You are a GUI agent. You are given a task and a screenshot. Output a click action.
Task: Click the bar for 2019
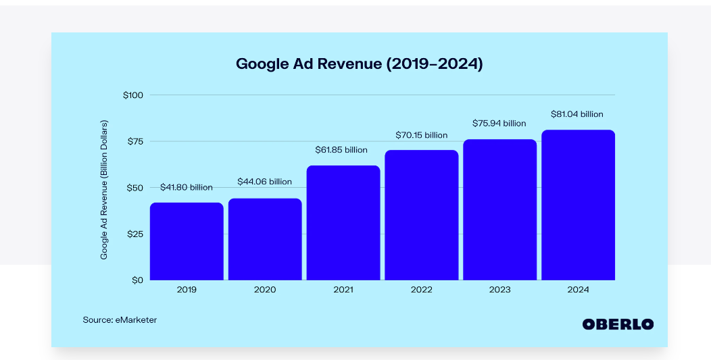tap(187, 241)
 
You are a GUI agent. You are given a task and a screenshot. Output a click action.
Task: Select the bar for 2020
tap(265, 239)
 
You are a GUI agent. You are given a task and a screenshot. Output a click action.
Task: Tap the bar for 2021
tap(343, 223)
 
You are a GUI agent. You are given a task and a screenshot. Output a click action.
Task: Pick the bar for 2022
tap(422, 215)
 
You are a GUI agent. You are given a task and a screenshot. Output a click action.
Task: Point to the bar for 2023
tap(500, 209)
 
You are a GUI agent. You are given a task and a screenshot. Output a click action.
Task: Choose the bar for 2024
tap(579, 205)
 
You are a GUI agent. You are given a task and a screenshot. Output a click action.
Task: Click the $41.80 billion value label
tap(187, 187)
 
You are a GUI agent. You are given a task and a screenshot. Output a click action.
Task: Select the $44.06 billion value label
tap(265, 182)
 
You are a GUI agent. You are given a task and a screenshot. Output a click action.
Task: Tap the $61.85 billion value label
tap(342, 149)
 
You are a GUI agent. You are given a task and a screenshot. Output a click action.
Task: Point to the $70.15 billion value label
tap(422, 135)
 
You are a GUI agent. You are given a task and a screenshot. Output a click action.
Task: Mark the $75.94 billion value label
tap(499, 124)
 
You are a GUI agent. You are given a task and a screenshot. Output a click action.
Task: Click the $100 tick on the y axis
tap(133, 95)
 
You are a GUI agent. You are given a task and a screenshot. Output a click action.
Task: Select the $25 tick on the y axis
tap(135, 234)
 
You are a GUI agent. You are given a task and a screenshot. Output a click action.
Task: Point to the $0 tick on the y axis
tap(138, 280)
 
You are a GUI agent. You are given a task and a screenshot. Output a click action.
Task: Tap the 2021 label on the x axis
tap(343, 290)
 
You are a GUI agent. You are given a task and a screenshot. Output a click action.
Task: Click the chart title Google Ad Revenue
tap(359, 64)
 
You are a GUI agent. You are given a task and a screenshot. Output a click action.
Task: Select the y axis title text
tap(104, 190)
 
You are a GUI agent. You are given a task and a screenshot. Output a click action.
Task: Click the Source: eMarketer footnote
tap(120, 319)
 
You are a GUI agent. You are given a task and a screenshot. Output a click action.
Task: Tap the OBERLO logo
tap(618, 324)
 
